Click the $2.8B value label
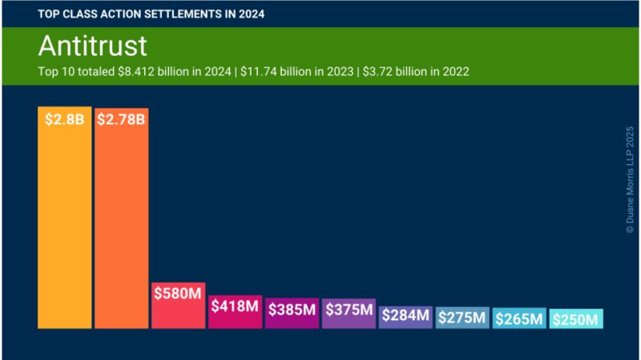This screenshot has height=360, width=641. pyautogui.click(x=64, y=120)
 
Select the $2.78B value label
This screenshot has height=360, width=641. pyautogui.click(x=121, y=120)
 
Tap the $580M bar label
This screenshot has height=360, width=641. pyautogui.click(x=178, y=293)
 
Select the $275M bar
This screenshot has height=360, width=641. pyautogui.click(x=462, y=318)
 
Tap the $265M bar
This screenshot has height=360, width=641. pyautogui.click(x=519, y=319)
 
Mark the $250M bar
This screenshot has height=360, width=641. pyautogui.click(x=576, y=320)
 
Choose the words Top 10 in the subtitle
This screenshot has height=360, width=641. pyautogui.click(x=55, y=71)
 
